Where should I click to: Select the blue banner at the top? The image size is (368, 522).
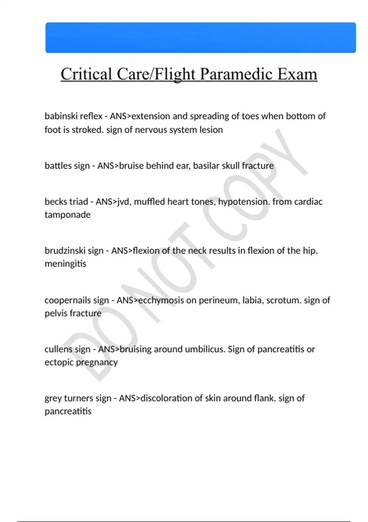click(201, 37)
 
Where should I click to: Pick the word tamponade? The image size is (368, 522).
click(67, 214)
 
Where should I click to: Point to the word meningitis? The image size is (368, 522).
click(65, 263)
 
